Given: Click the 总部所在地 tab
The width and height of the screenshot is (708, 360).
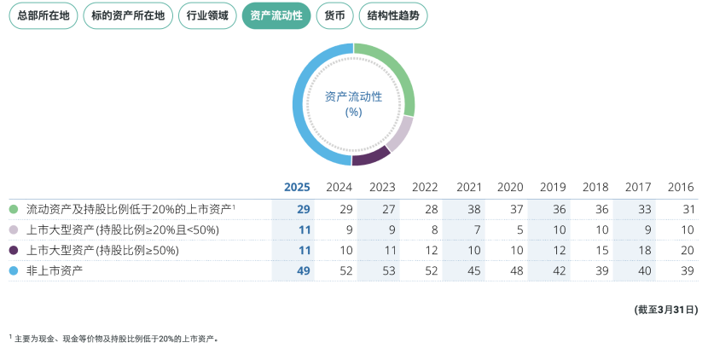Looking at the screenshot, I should (x=42, y=15).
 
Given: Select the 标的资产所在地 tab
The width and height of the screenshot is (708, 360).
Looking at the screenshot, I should (x=128, y=15).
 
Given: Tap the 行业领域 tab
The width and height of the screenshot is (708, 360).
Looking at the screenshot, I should (x=207, y=15).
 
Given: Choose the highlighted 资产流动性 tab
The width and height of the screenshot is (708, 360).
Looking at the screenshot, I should (x=276, y=15).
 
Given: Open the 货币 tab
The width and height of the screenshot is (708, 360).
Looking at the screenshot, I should (x=334, y=15).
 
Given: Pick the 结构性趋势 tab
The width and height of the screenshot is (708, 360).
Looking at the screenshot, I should (x=392, y=15).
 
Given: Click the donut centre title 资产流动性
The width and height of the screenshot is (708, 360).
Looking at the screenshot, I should (x=353, y=96).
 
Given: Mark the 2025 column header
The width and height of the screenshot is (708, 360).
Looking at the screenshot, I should (x=296, y=187).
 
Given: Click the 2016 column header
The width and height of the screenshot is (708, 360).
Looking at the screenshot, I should (x=680, y=187).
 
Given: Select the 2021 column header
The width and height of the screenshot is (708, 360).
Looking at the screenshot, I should (x=469, y=187).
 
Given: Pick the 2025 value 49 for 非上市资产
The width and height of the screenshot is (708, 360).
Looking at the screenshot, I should (x=303, y=270).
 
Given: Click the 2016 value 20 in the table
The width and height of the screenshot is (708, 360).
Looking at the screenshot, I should (x=688, y=250).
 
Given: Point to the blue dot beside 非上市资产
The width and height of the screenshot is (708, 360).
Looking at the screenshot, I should (x=14, y=270).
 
